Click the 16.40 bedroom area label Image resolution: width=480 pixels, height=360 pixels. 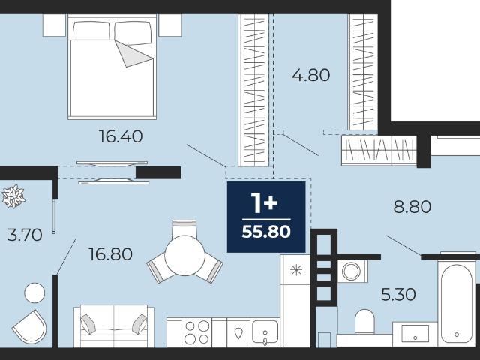click(x=121, y=136)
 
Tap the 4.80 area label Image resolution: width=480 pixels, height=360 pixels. click(x=311, y=75)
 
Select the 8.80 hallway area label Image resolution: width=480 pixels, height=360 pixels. click(x=412, y=207)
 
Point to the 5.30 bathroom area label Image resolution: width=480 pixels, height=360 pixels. click(x=398, y=295)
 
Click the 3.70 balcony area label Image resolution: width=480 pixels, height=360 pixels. click(x=25, y=235)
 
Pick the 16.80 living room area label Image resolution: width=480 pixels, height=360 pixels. click(x=110, y=254)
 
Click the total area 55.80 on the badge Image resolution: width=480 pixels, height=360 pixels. click(x=266, y=232)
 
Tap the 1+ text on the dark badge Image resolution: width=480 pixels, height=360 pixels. click(x=264, y=203)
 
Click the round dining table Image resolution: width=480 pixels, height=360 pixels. click(x=185, y=256)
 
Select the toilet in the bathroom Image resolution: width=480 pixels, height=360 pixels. click(x=364, y=322)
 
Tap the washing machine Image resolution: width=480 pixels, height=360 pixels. click(x=352, y=271)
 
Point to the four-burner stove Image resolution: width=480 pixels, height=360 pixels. click(x=196, y=332)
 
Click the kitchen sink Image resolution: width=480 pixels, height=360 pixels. click(x=265, y=332)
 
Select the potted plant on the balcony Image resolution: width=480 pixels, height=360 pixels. click(x=13, y=196)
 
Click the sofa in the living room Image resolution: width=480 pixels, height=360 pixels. click(x=114, y=325)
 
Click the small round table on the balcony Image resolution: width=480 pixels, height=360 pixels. click(x=34, y=292)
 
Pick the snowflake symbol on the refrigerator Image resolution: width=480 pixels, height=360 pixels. click(x=296, y=270)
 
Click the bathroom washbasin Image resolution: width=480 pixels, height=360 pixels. click(x=415, y=334)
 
